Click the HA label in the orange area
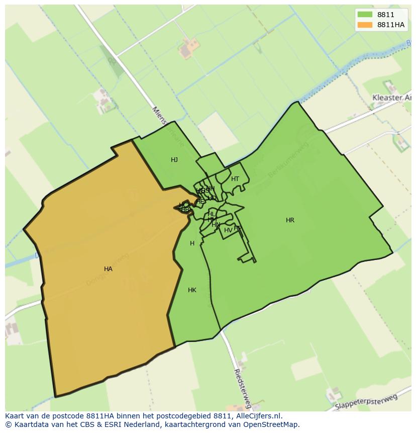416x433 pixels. point(108,269)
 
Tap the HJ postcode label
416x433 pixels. point(174,160)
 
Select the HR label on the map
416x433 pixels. point(290,220)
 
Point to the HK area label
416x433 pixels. point(192,290)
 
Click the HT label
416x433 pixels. point(235,179)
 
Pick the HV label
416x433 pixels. point(228,230)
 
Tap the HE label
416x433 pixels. point(200,201)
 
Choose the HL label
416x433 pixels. point(211,214)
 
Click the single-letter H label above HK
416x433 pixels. point(192,243)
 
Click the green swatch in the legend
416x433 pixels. point(365,15)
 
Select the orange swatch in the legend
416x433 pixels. point(365,25)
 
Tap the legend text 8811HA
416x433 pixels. point(391,25)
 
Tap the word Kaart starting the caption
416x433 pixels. point(15,416)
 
